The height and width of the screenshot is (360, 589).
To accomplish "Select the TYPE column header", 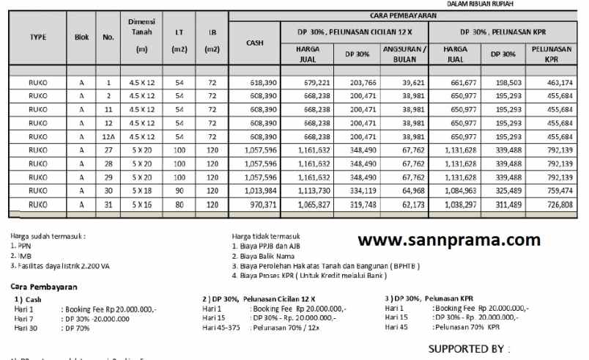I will [x=38, y=37].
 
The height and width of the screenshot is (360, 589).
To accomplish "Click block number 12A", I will [x=108, y=137].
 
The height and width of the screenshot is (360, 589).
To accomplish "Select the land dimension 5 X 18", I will [x=138, y=191].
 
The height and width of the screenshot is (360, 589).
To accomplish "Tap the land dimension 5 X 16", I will [x=138, y=204].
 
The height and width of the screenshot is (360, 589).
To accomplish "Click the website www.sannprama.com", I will [x=449, y=239].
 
